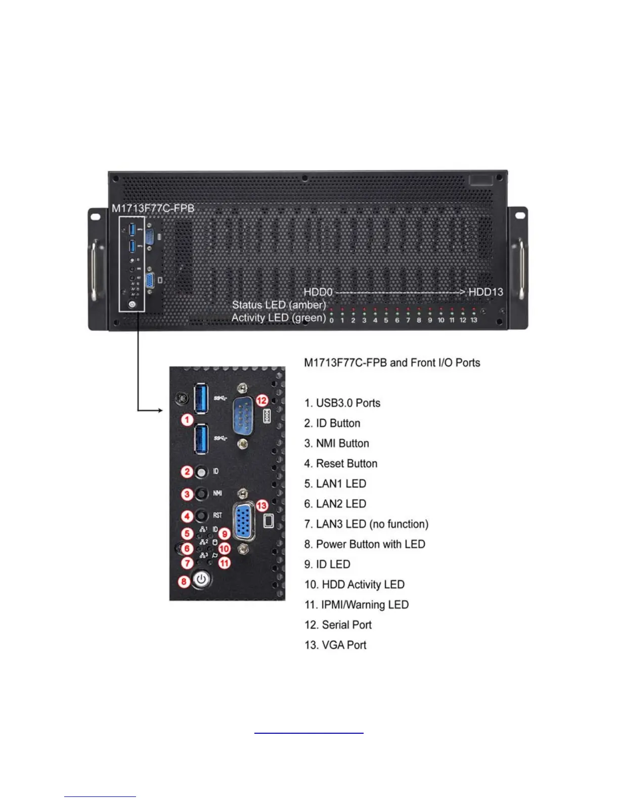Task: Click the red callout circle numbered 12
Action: pyautogui.click(x=261, y=401)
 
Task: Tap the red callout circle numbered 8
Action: pyautogui.click(x=184, y=581)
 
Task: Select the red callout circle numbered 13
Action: pyautogui.click(x=261, y=505)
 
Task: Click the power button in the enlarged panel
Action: pyautogui.click(x=202, y=580)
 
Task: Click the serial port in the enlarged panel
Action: pyautogui.click(x=243, y=416)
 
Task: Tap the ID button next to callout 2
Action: pyautogui.click(x=201, y=472)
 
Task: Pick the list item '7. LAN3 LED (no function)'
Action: pyautogui.click(x=366, y=524)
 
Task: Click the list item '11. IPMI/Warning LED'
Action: pyautogui.click(x=356, y=605)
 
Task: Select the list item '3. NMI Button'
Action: pyautogui.click(x=336, y=443)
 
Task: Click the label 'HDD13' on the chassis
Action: pyautogui.click(x=485, y=292)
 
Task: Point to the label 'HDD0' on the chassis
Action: pyautogui.click(x=318, y=292)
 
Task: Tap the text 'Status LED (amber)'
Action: pyautogui.click(x=279, y=305)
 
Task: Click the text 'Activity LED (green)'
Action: pyautogui.click(x=279, y=318)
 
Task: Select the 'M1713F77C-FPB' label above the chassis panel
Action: pyautogui.click(x=153, y=208)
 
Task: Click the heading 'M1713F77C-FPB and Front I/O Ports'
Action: pyautogui.click(x=392, y=363)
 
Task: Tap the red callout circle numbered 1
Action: pyautogui.click(x=187, y=419)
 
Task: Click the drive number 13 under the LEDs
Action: pyautogui.click(x=474, y=320)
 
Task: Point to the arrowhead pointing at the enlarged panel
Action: pyautogui.click(x=160, y=410)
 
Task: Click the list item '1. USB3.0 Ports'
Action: pyautogui.click(x=342, y=403)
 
